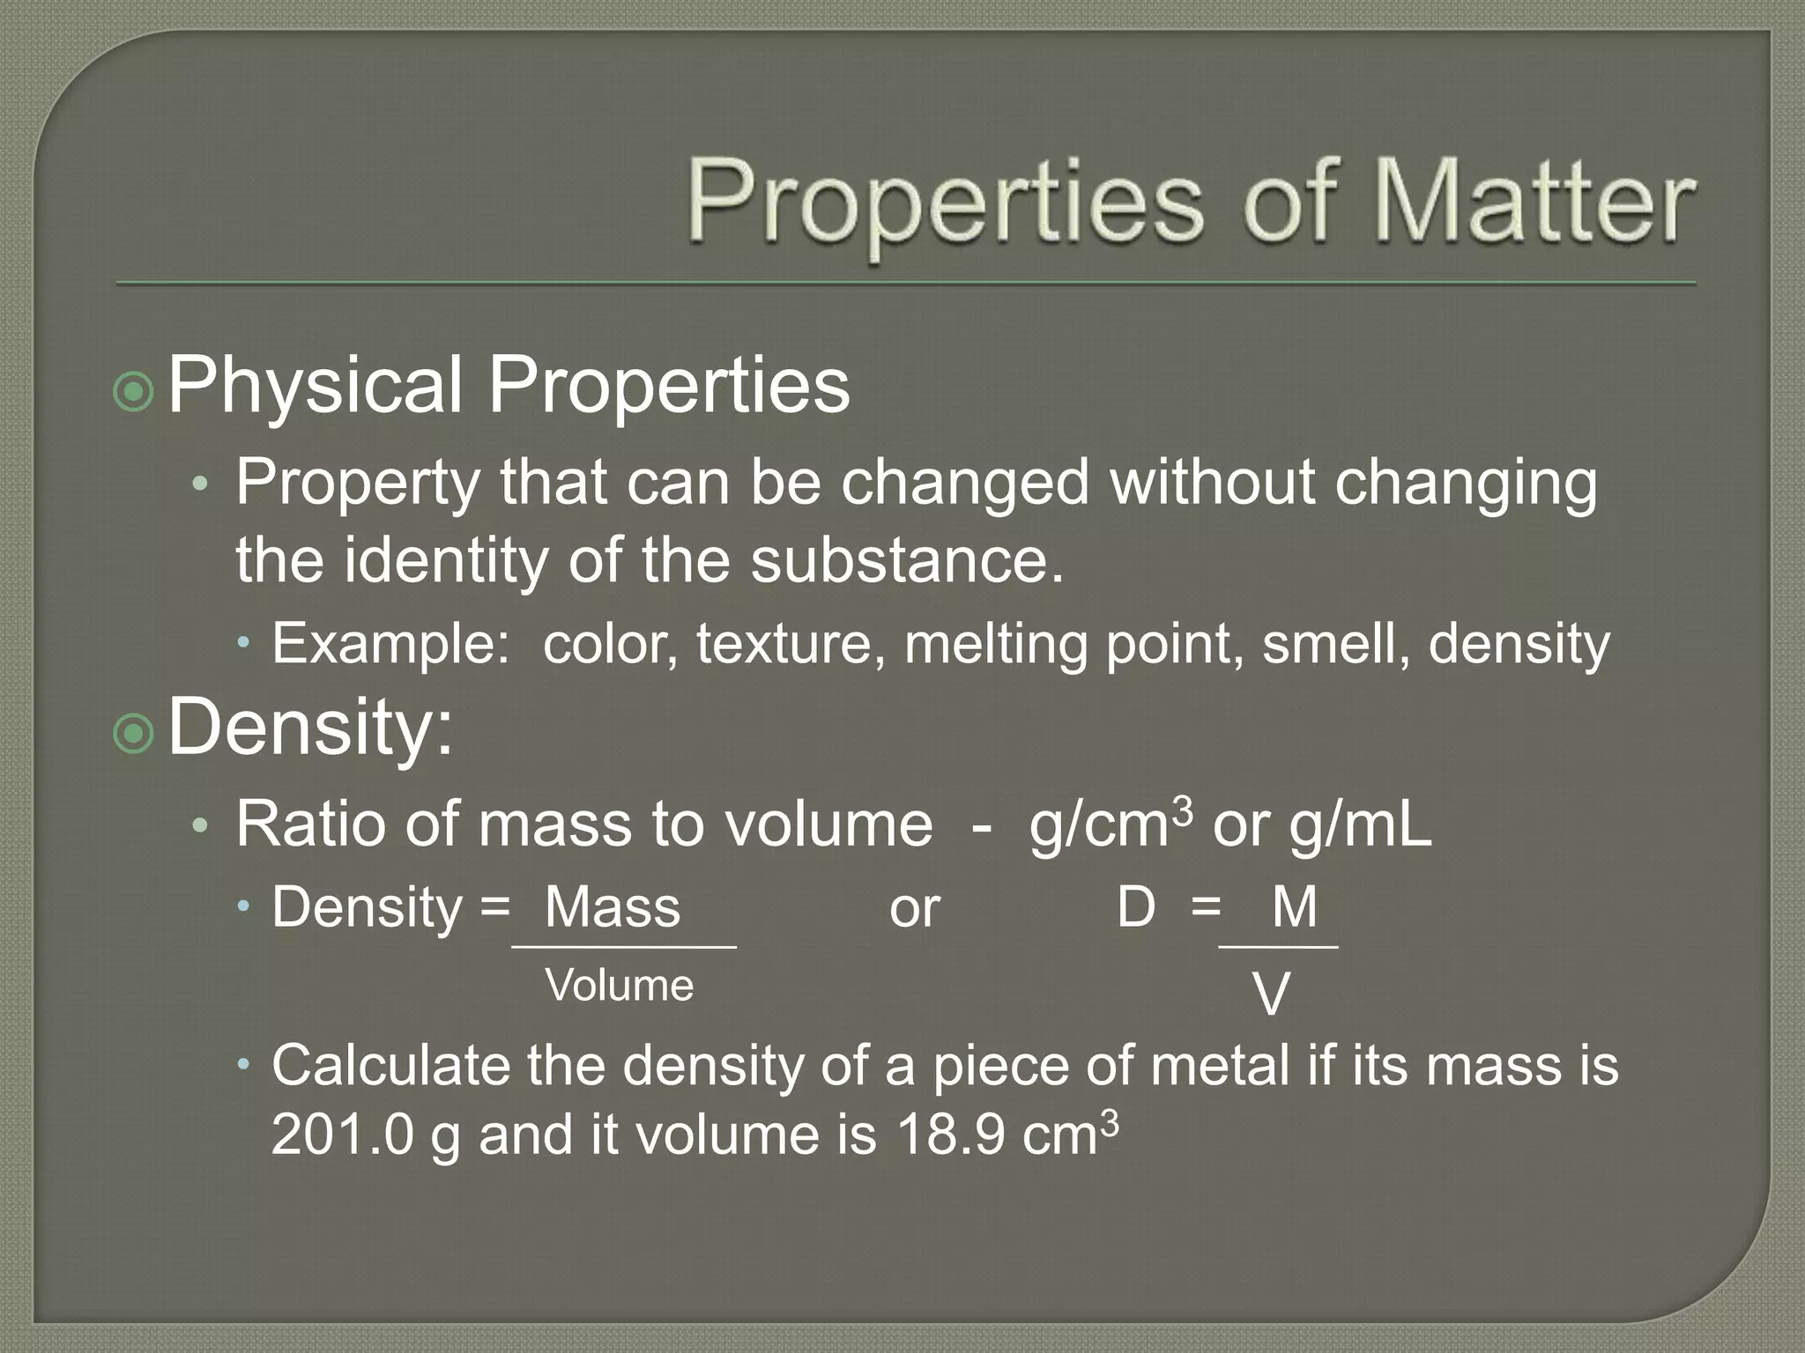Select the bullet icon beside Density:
pyautogui.click(x=134, y=732)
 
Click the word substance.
pyautogui.click(x=907, y=559)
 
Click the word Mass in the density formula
pyautogui.click(x=613, y=906)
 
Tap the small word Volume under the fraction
pyautogui.click(x=620, y=985)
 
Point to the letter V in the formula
pyautogui.click(x=1271, y=995)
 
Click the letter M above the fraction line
pyautogui.click(x=1294, y=906)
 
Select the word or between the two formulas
pyautogui.click(x=914, y=908)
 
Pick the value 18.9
pyautogui.click(x=949, y=1134)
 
